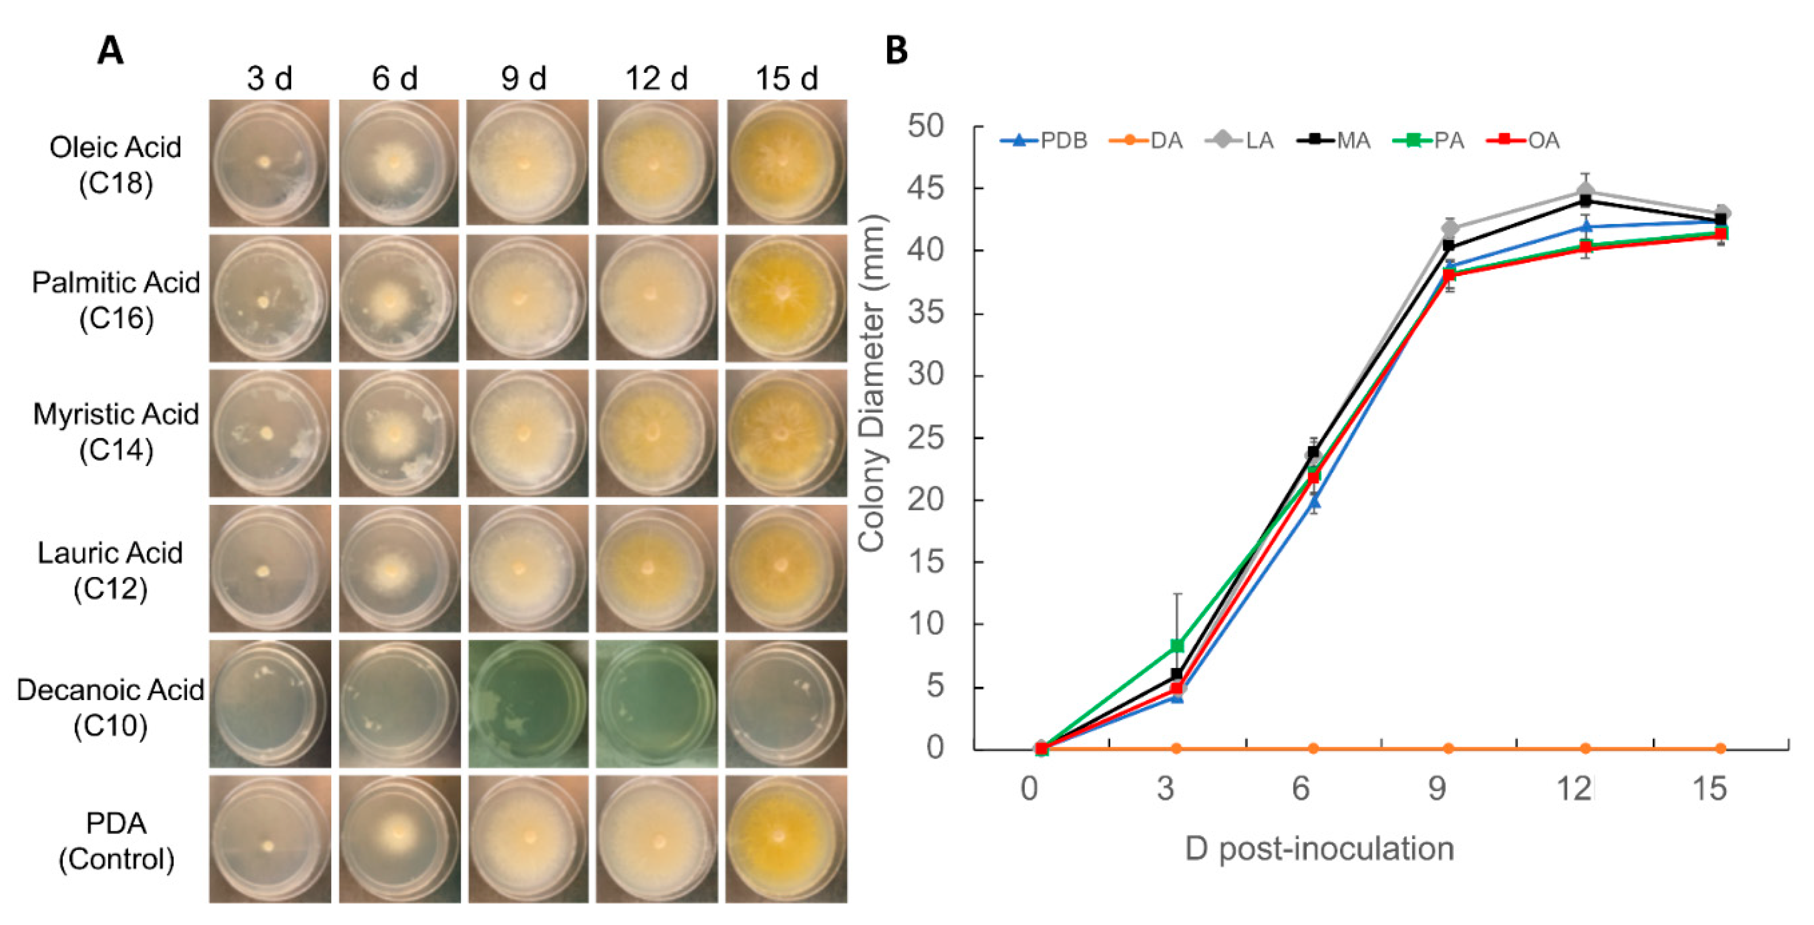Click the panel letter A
pyautogui.click(x=111, y=51)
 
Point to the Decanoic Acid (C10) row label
pyautogui.click(x=111, y=707)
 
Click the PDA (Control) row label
pyautogui.click(x=116, y=840)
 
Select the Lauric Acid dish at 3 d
pyautogui.click(x=270, y=568)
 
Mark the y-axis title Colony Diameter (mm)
pyautogui.click(x=871, y=384)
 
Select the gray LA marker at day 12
pyautogui.click(x=1586, y=191)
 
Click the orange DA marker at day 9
pyautogui.click(x=1449, y=748)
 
